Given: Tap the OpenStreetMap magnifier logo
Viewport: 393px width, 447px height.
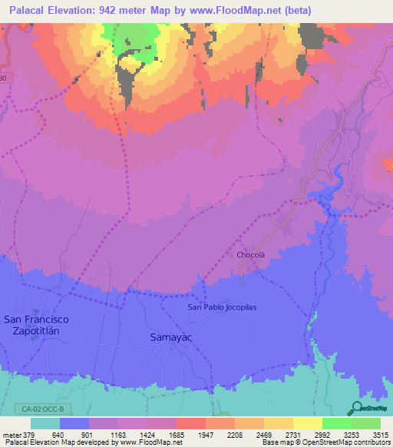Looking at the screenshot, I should (358, 408).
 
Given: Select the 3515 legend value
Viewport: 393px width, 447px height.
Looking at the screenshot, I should (381, 434).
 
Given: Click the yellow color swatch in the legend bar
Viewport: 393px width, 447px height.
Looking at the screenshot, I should (307, 423).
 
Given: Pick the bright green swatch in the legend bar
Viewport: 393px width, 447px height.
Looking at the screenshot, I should (336, 423).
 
